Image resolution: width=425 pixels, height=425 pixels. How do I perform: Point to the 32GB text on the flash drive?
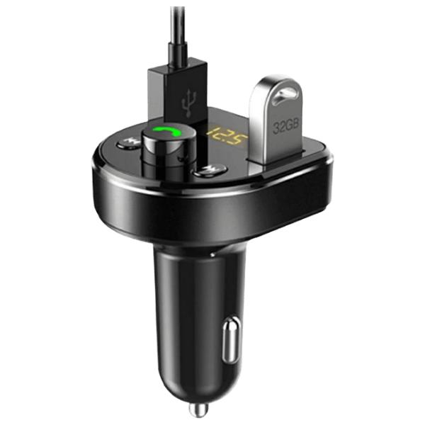click(x=286, y=125)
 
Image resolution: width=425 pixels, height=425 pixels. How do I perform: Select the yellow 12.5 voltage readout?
click(x=227, y=137)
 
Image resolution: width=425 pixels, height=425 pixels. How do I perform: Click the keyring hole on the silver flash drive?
click(x=284, y=97)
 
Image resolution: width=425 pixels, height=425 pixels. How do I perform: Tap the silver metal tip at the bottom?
click(x=198, y=410)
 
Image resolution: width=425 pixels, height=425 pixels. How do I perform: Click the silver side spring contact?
click(x=231, y=339)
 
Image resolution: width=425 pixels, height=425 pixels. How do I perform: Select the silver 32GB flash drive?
click(x=276, y=119)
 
